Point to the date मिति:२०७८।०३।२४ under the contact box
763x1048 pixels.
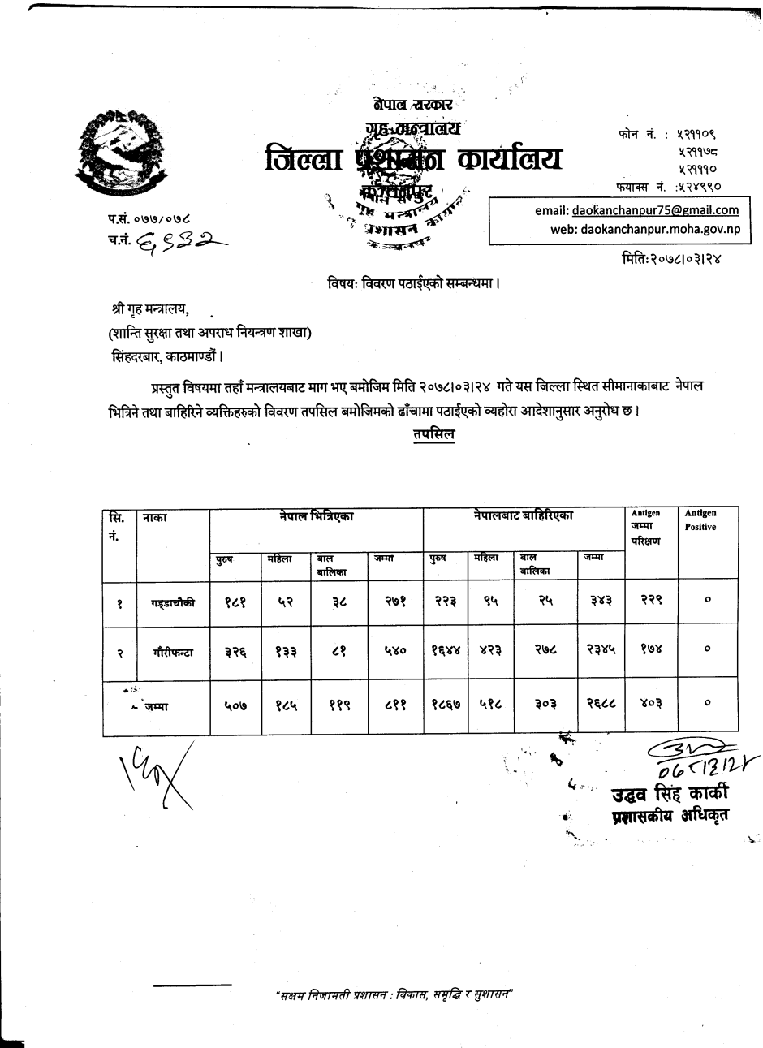coord(670,258)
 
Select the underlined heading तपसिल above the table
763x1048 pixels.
coord(433,434)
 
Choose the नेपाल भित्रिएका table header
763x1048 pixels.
coord(317,515)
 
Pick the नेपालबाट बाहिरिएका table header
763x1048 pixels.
coord(524,515)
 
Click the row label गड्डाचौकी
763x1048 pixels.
coord(172,602)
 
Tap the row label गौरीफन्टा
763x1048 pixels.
coord(172,652)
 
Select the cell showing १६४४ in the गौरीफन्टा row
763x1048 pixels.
coord(446,652)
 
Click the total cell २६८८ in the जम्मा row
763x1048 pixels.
coord(601,705)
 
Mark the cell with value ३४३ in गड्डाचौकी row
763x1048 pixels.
coord(601,602)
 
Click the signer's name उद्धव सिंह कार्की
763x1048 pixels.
coord(670,793)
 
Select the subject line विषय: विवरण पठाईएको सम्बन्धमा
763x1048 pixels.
coord(413,284)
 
